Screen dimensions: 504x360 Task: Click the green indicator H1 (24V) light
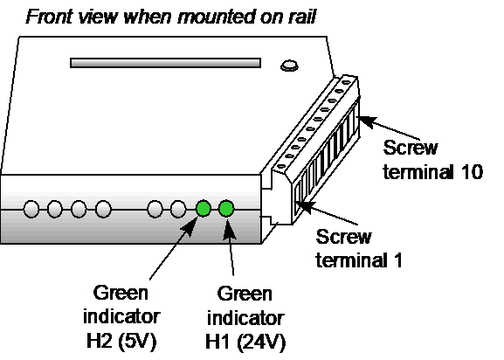coord(226,208)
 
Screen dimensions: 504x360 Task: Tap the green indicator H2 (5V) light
coord(204,208)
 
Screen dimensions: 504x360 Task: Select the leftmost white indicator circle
coord(31,209)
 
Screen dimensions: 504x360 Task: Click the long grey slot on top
coord(166,63)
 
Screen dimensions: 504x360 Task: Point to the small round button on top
coord(289,66)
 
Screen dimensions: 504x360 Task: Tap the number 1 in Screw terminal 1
coord(398,260)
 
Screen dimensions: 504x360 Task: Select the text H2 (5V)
coord(121,341)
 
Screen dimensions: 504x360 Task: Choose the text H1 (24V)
coord(245,342)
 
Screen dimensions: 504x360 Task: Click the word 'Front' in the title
coord(49,17)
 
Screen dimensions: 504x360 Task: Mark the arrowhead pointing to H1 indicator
coord(229,230)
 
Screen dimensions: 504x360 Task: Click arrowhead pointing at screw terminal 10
coord(366,121)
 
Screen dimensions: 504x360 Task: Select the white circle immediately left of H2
coord(178,209)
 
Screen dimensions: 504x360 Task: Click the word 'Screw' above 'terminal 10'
coord(411,148)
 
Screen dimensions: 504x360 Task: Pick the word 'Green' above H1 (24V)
coord(245,294)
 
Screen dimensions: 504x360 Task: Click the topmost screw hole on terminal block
coord(346,82)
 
